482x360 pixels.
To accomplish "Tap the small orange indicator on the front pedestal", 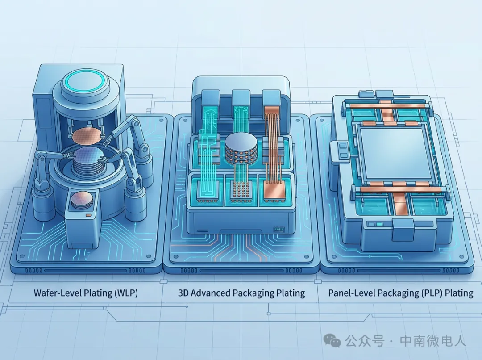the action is click(x=88, y=214).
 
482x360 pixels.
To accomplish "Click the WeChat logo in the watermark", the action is click(x=332, y=340).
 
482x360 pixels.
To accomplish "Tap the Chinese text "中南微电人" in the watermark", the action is click(x=432, y=341).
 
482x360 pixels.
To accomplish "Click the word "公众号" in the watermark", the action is click(x=365, y=341).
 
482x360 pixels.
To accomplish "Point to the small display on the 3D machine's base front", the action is click(x=279, y=229).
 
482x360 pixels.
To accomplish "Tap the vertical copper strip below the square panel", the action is click(x=399, y=204).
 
